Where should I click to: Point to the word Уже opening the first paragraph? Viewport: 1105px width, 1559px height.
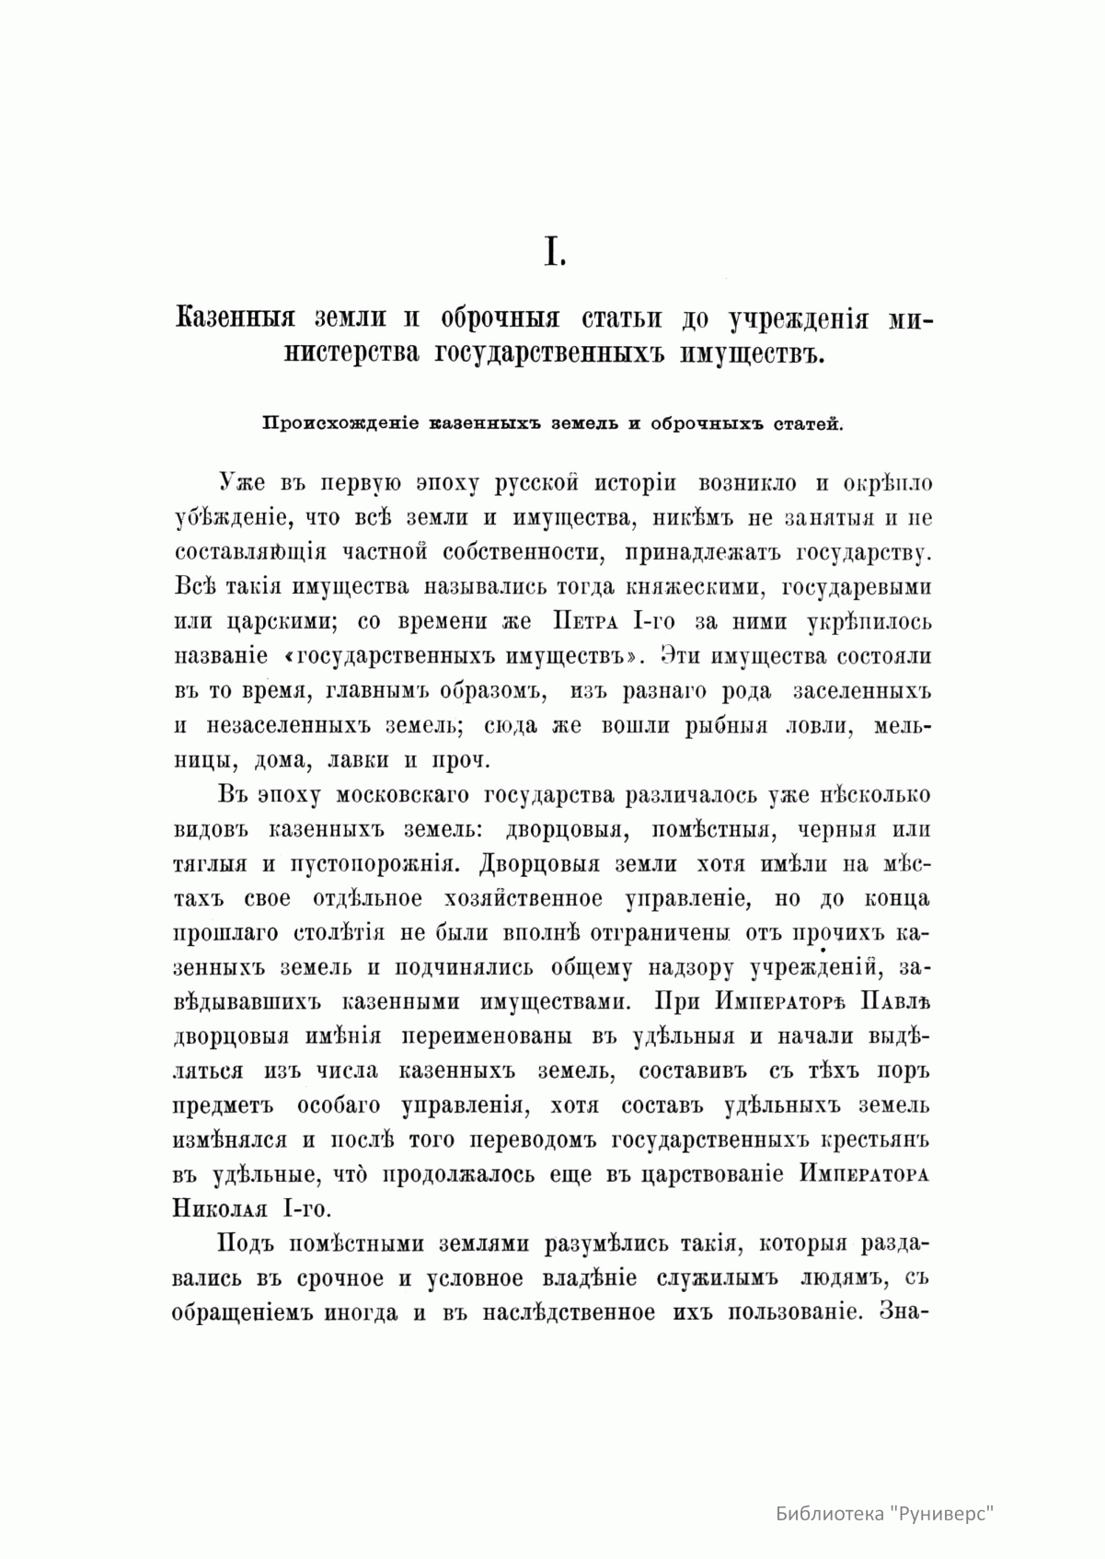pyautogui.click(x=240, y=483)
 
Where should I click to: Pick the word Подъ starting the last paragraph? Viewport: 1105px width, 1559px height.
pyautogui.click(x=241, y=1244)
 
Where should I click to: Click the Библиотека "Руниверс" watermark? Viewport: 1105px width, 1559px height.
pyautogui.click(x=886, y=1513)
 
